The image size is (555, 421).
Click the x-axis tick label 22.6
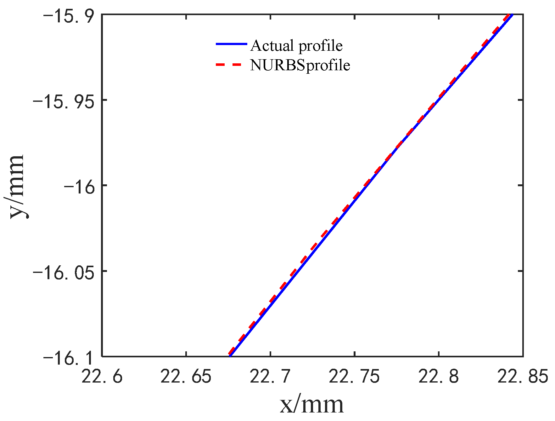(x=102, y=377)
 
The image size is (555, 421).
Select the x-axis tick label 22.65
(x=186, y=377)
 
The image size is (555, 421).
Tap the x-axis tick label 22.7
(x=270, y=377)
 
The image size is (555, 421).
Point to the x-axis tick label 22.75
(x=354, y=377)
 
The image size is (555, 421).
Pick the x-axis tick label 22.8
(x=438, y=377)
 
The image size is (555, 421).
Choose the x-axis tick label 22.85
(x=522, y=377)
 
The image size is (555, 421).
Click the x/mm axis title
(x=311, y=405)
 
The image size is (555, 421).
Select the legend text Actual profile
(x=296, y=46)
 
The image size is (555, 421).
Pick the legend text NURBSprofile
(x=300, y=66)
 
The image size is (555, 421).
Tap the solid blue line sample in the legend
(x=231, y=44)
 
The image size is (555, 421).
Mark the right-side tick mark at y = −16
(x=520, y=185)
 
